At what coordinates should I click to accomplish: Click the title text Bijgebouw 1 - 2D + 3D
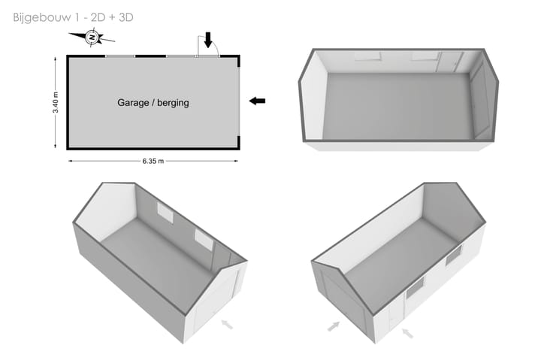73,17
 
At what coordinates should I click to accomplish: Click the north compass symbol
92,38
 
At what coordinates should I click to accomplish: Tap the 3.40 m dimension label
56,102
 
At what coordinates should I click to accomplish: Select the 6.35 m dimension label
153,161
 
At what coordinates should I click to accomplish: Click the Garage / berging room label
153,102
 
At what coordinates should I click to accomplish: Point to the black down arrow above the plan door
207,40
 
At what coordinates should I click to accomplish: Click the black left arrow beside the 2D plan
257,101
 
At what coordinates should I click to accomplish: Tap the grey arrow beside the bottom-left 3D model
227,324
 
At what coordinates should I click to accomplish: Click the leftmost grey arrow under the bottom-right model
334,326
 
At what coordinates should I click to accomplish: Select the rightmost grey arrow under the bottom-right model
407,333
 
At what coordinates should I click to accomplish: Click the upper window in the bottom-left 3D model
165,213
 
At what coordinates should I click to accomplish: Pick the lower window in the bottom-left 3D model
204,239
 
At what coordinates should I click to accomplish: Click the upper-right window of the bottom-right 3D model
453,255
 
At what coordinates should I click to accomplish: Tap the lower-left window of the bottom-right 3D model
415,289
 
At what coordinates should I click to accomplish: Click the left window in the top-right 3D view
367,56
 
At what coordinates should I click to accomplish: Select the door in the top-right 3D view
450,62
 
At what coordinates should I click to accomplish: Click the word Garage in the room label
133,103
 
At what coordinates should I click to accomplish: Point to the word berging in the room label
176,103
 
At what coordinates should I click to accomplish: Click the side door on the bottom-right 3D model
396,315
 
